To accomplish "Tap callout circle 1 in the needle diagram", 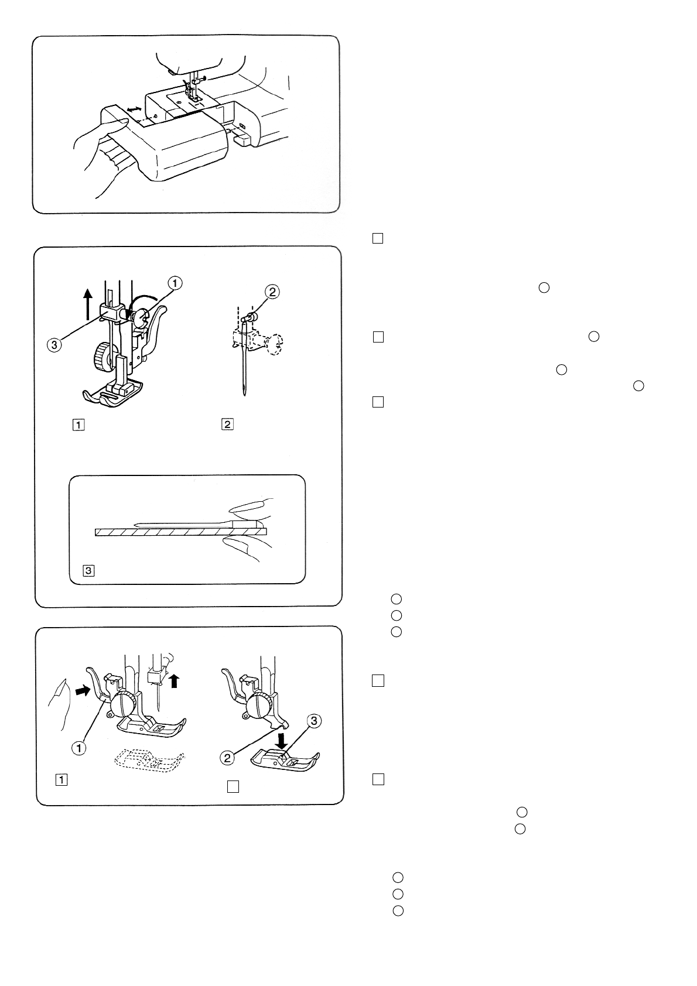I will [176, 283].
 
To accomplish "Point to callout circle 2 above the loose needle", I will [271, 290].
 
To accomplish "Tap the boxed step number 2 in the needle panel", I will [227, 425].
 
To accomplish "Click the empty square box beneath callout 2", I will [233, 787].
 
